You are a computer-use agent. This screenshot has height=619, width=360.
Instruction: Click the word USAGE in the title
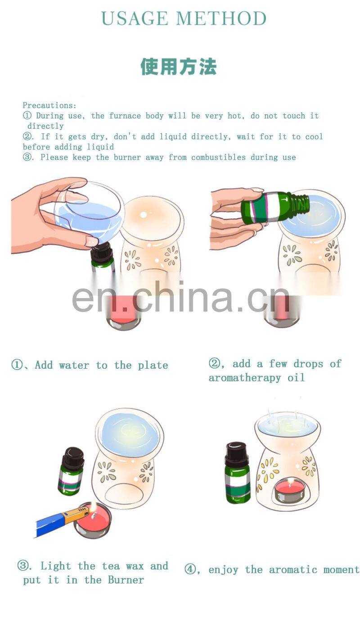134,18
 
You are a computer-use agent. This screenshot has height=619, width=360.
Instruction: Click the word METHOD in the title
221,18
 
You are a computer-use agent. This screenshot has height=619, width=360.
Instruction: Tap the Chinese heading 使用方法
179,67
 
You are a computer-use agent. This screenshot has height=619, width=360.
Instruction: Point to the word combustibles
218,157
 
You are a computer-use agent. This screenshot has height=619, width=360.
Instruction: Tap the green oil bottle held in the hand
274,207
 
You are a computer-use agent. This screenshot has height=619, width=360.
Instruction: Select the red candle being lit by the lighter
94,520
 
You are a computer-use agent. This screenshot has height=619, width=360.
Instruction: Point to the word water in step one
74,365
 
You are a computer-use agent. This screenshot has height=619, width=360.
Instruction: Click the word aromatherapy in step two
244,378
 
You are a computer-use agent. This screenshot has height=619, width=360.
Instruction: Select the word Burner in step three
126,580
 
